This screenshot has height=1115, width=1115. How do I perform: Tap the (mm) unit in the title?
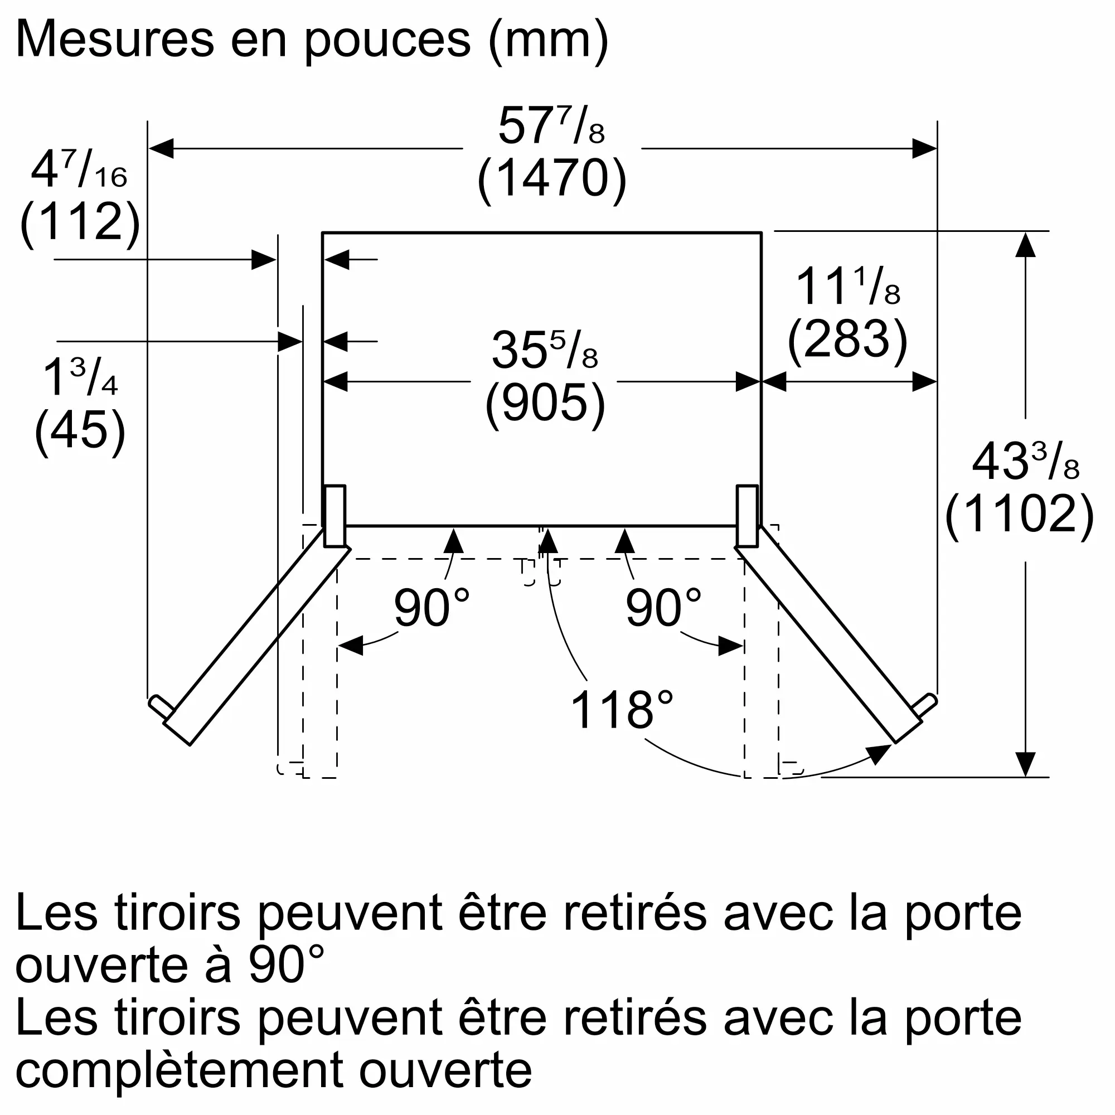[x=548, y=40]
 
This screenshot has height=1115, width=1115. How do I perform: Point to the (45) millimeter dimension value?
[x=80, y=430]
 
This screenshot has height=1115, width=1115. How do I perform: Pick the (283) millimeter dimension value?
[x=847, y=340]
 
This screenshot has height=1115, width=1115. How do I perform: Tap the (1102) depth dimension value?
[x=1019, y=513]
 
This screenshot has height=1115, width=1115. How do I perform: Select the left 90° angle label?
[x=432, y=608]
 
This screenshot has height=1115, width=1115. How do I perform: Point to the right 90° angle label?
[x=663, y=608]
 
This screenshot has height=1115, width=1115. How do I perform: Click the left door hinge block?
[x=334, y=515]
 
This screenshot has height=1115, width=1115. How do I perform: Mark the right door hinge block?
[x=748, y=515]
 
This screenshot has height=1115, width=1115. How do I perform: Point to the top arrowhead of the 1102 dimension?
[x=1025, y=245]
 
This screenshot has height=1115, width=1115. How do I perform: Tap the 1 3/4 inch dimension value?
[x=80, y=377]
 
